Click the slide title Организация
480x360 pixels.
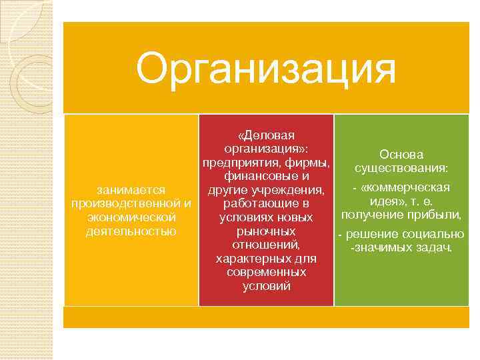265,69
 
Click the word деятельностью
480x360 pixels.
131,231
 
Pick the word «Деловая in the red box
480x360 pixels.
266,135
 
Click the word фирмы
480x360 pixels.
311,163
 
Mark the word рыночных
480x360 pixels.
266,231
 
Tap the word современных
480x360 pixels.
266,273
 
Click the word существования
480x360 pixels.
401,167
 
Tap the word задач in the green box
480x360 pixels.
433,248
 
